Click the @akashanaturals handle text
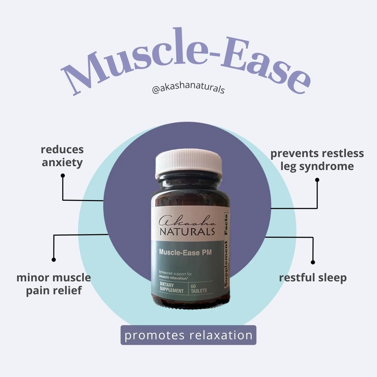coord(188,88)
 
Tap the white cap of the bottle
coord(188,163)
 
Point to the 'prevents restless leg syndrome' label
coord(317,160)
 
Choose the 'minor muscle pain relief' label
coord(54,284)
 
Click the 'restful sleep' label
coord(313,278)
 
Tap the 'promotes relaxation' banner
coord(188,335)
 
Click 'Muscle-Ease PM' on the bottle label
coord(185,252)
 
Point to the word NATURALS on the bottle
coord(187,232)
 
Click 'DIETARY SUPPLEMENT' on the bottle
coord(171,288)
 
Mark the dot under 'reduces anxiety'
coord(63,176)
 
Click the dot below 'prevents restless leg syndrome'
coord(317,180)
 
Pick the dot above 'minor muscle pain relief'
coord(54,260)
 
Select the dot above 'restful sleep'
coord(313,262)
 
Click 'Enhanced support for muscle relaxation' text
coord(175,276)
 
